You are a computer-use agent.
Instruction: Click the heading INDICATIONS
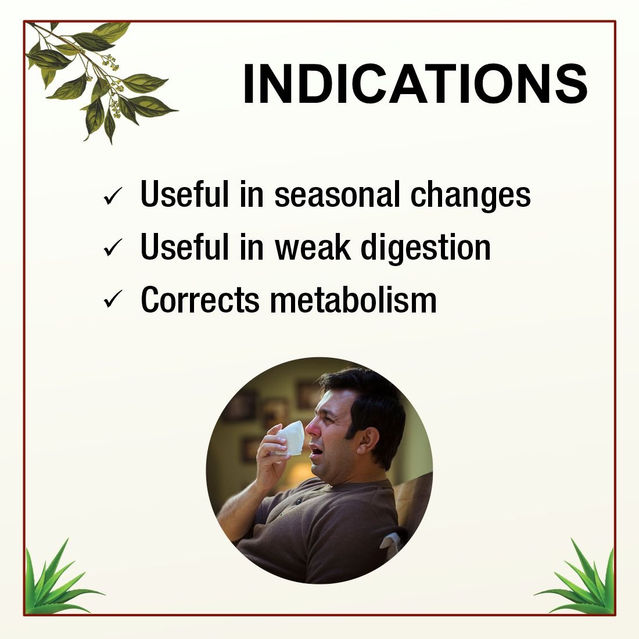[x=415, y=84]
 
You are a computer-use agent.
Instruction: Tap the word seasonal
[x=337, y=195]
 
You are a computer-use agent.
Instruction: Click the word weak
[x=313, y=247]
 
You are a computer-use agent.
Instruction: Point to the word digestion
[x=426, y=248]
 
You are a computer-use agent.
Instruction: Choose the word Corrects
[x=200, y=300]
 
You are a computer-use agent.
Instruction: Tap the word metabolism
[x=353, y=300]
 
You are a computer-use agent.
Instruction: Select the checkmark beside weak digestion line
[x=113, y=248]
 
